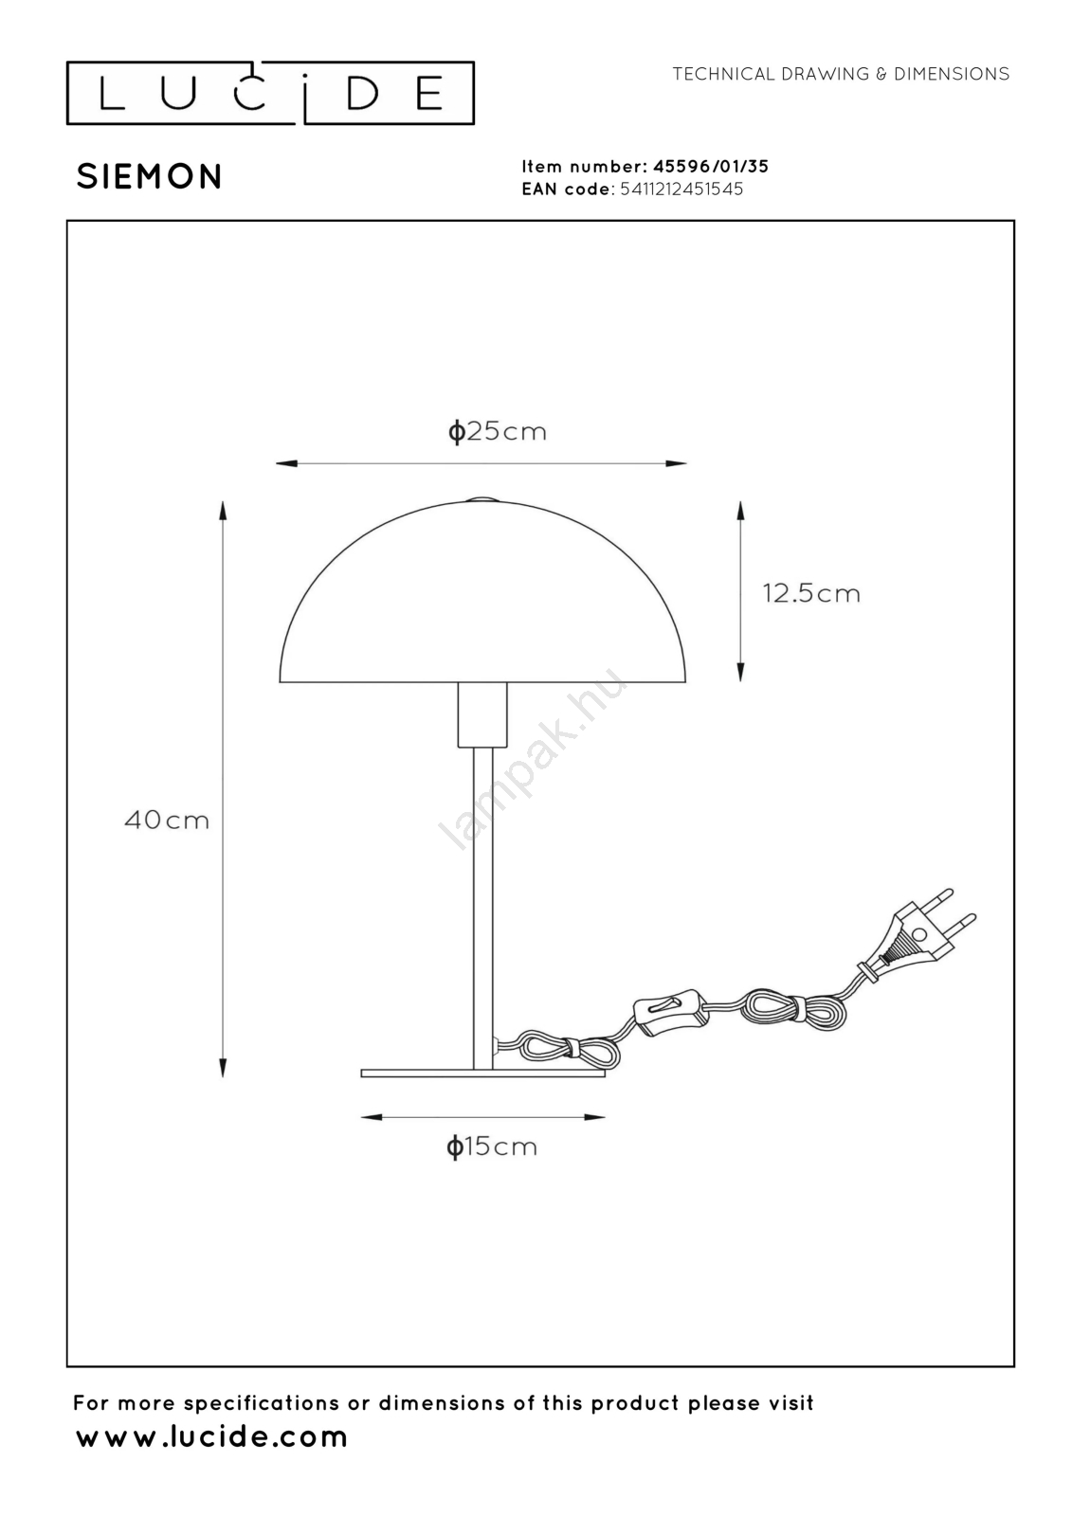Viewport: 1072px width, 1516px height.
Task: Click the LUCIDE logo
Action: coord(270,94)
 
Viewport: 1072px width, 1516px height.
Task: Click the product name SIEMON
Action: coord(149,176)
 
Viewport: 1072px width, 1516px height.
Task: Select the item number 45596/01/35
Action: coord(710,167)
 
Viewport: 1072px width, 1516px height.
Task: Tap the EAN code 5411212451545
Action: coord(681,189)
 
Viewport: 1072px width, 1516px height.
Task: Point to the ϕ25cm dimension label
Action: coord(497,431)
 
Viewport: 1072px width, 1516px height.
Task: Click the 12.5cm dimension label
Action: coord(811,593)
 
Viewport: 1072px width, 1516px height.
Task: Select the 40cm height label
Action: coord(167,821)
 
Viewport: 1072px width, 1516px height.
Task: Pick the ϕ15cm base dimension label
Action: coord(492,1146)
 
